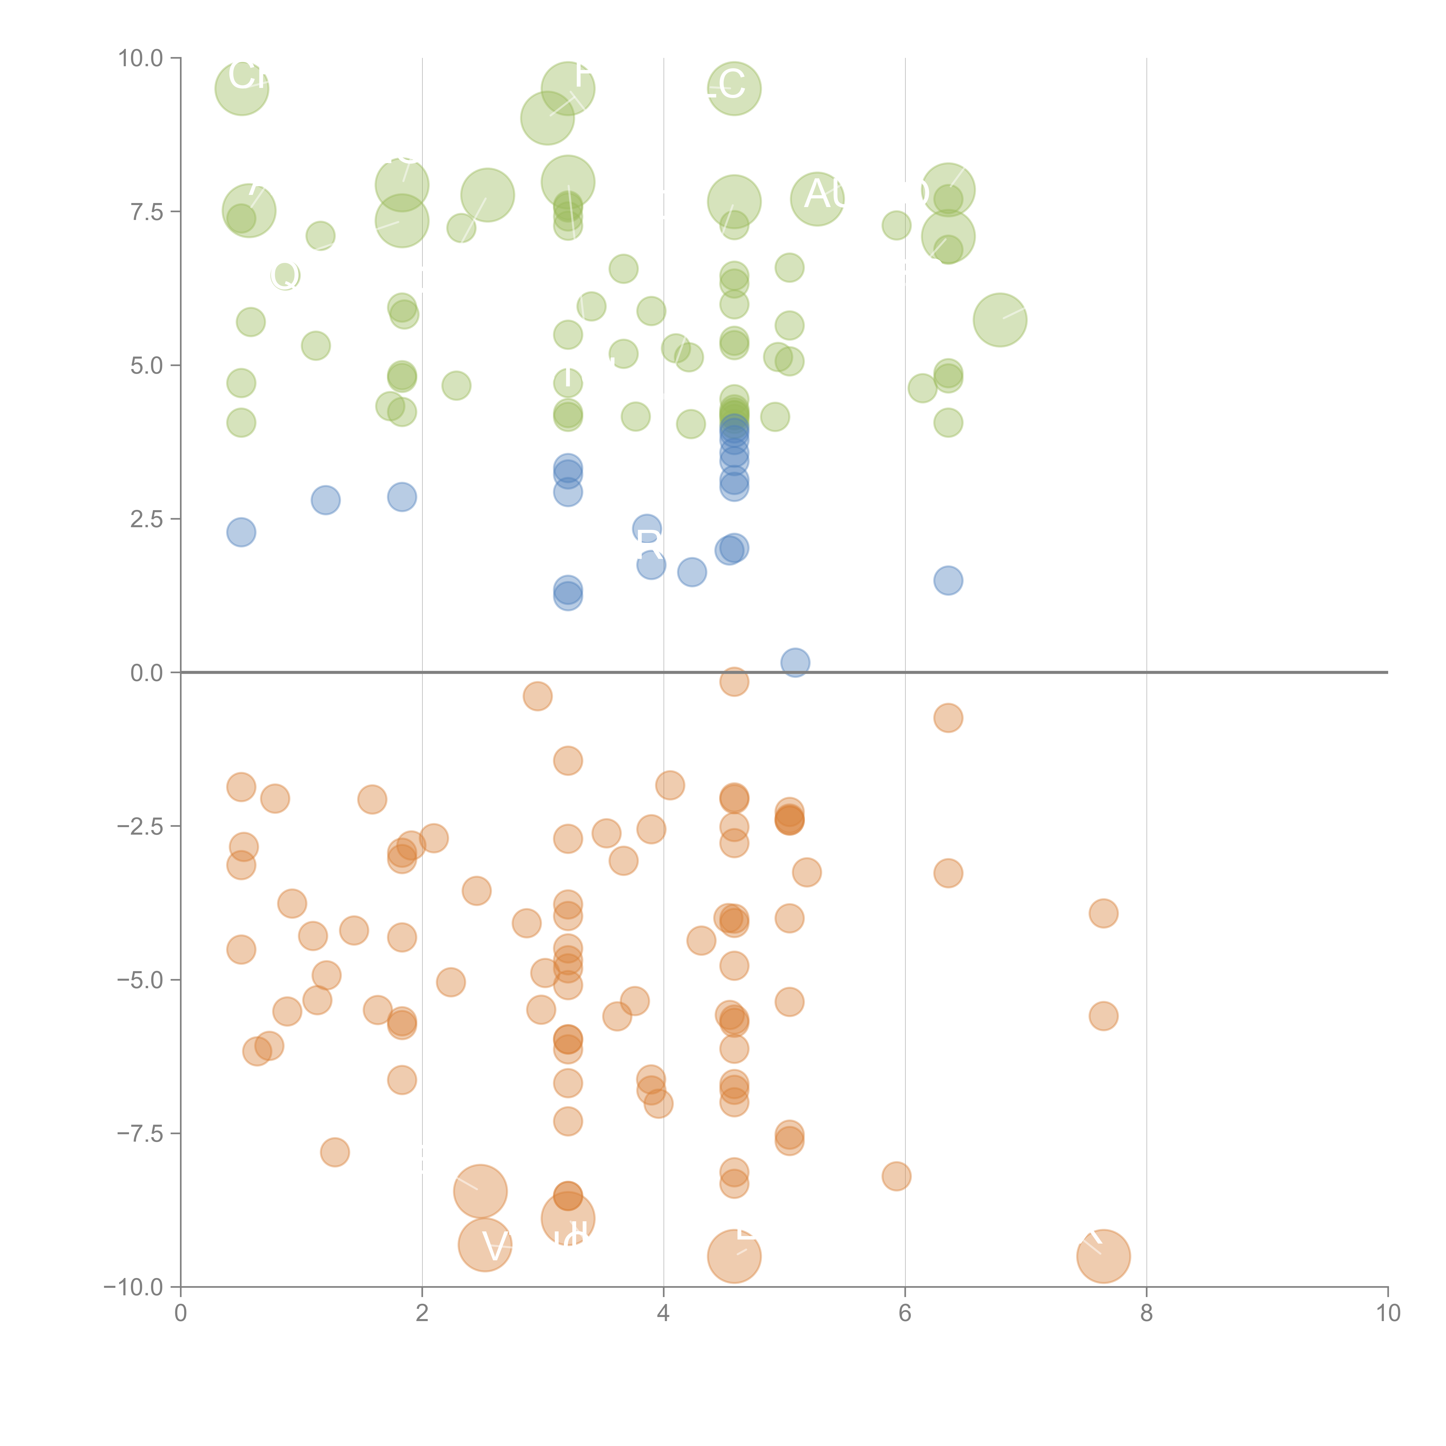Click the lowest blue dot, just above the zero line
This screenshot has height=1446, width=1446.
795,662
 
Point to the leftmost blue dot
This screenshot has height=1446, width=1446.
241,532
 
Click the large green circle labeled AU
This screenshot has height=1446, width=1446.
817,198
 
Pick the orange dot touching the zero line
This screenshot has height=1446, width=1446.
734,681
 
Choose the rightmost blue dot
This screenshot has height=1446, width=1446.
948,580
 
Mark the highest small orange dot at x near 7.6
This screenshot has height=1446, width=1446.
1103,913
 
